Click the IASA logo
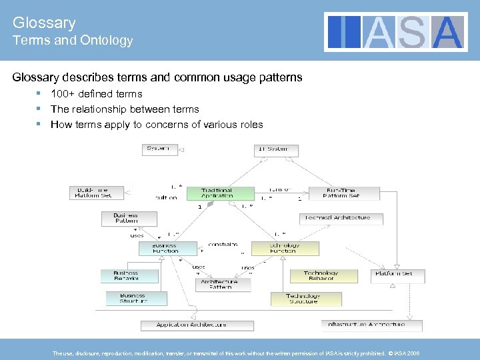[x=396, y=32]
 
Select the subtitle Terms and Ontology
[x=73, y=41]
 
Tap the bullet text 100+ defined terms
[x=96, y=94]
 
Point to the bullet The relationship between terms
[x=125, y=109]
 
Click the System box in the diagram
[x=160, y=149]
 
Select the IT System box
[x=275, y=150]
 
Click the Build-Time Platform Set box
[x=97, y=193]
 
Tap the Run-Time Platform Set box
[x=341, y=193]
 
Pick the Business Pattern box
[x=129, y=218]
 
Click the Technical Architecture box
[x=341, y=219]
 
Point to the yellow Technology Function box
[x=285, y=248]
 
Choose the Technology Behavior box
[x=321, y=275]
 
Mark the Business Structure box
[x=132, y=298]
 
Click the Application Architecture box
[x=197, y=325]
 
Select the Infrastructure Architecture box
[x=372, y=325]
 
